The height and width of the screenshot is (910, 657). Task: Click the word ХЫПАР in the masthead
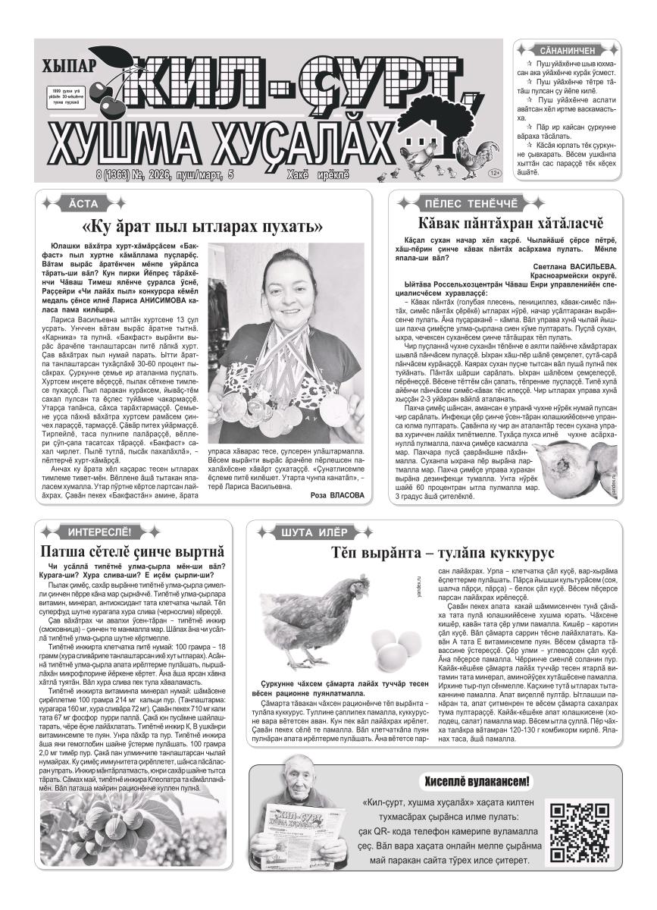click(72, 66)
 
